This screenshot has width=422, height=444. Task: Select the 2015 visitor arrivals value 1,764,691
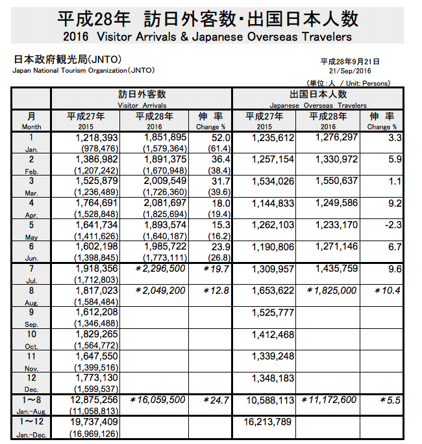95,204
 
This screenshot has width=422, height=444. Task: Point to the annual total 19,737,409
93,422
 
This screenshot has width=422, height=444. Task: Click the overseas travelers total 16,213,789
268,423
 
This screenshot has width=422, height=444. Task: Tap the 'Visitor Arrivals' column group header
142,105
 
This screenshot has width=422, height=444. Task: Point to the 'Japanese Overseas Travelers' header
317,105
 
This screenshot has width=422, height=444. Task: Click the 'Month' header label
31,127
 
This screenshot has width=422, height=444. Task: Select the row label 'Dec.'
31,389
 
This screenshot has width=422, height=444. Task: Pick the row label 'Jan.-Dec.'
31,433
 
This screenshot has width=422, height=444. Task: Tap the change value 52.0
219,138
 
